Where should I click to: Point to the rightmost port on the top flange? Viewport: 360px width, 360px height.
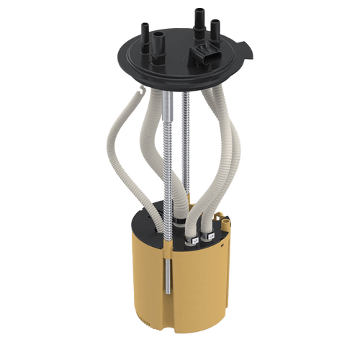click(x=215, y=29)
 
